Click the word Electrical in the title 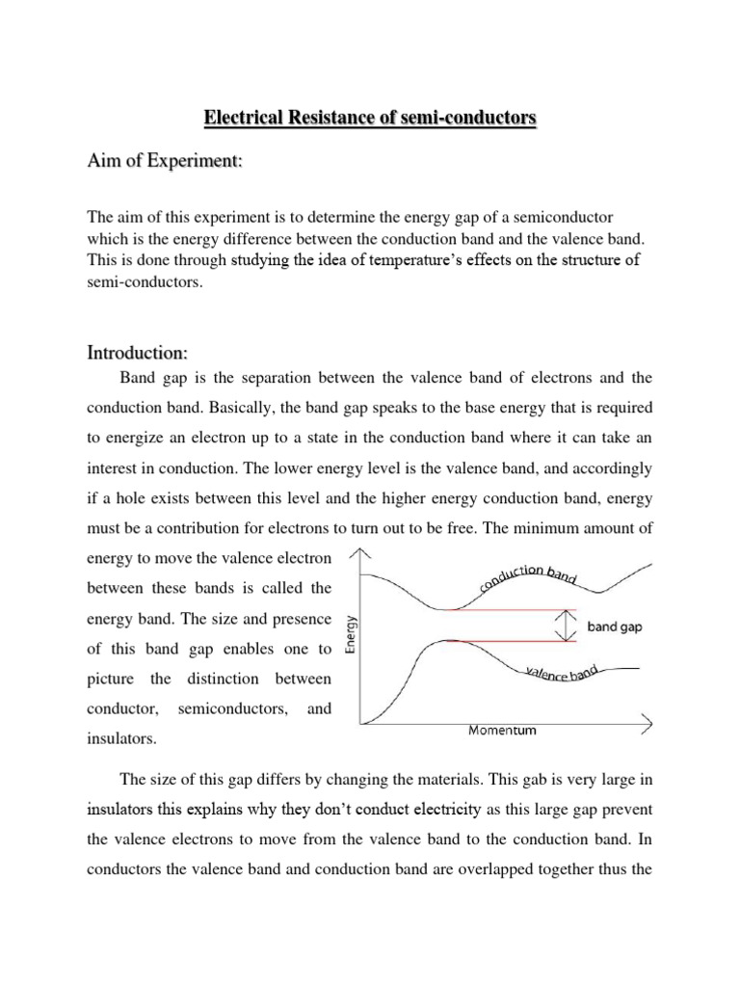(x=242, y=120)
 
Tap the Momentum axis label (x=502, y=730)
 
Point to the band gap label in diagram (x=615, y=626)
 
